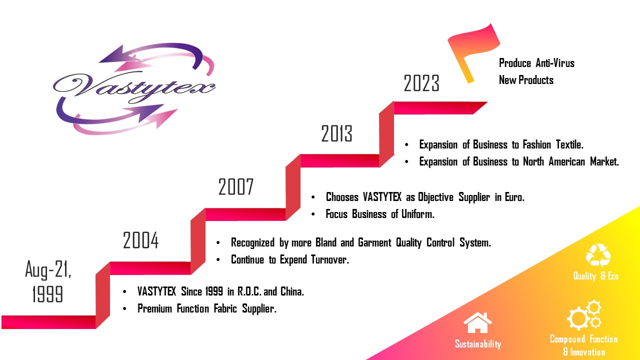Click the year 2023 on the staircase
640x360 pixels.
421,83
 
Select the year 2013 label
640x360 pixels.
336,133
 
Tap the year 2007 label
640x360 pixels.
236,186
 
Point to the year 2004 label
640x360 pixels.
140,240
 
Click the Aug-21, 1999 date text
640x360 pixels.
48,281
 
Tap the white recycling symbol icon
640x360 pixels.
597,255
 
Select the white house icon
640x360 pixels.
477,322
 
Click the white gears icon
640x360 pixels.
584,315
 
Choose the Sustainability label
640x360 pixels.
477,343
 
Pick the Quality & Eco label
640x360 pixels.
595,276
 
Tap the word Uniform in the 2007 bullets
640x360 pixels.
417,213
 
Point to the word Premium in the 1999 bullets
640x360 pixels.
154,308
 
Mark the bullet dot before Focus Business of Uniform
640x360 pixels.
313,214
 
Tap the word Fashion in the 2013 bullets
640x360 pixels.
537,144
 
